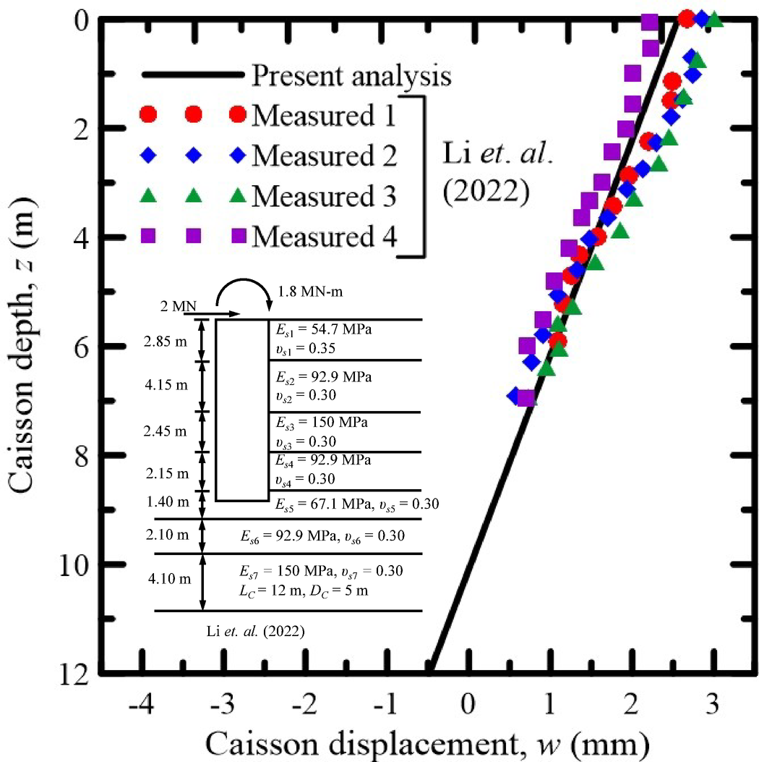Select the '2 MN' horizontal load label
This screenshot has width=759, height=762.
178,307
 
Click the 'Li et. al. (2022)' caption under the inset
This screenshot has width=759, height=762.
255,631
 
